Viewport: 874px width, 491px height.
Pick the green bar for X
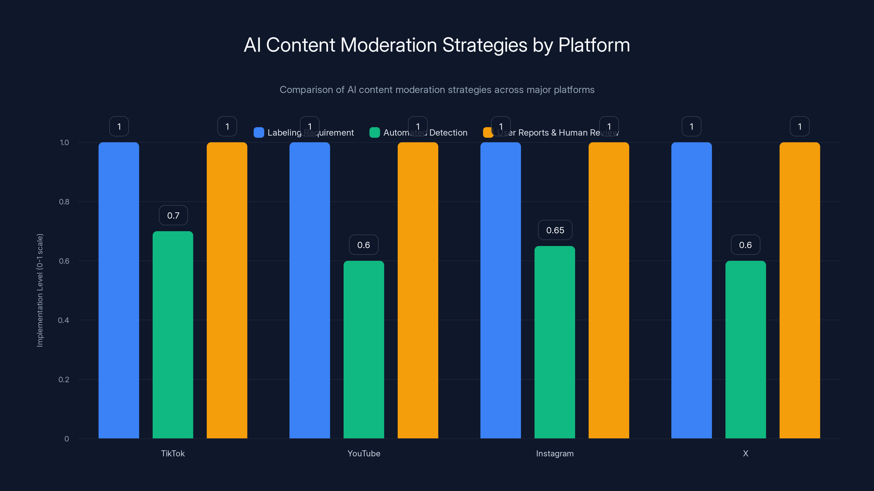tap(745, 349)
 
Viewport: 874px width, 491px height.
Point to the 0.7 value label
tap(173, 215)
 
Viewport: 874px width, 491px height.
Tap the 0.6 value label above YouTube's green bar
tap(363, 245)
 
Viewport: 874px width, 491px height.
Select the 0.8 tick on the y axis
tap(64, 202)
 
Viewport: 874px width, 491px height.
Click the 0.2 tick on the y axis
tap(64, 379)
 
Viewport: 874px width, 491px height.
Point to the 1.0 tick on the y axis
tap(64, 142)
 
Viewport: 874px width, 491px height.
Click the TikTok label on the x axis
tap(173, 453)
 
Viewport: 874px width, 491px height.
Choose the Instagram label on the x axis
tap(555, 453)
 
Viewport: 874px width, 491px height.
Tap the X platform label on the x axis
tap(745, 453)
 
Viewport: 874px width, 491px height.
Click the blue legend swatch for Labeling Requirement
tap(259, 133)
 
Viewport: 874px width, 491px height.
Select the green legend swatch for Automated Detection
tap(374, 133)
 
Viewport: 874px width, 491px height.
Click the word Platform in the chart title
tap(594, 45)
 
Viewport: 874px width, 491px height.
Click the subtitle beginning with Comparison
tap(437, 89)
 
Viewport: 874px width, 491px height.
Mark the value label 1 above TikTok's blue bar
tap(119, 126)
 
